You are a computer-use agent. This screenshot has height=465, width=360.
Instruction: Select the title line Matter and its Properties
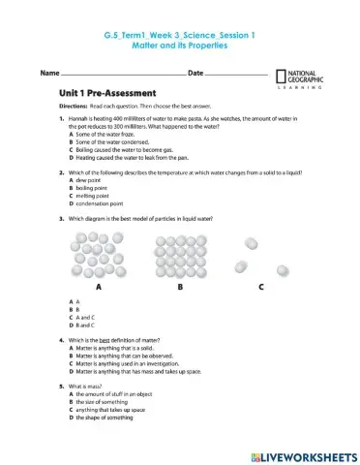click(179, 46)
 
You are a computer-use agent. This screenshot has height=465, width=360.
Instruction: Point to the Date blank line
click(235, 75)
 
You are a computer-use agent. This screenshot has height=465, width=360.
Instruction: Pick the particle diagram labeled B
click(180, 255)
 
